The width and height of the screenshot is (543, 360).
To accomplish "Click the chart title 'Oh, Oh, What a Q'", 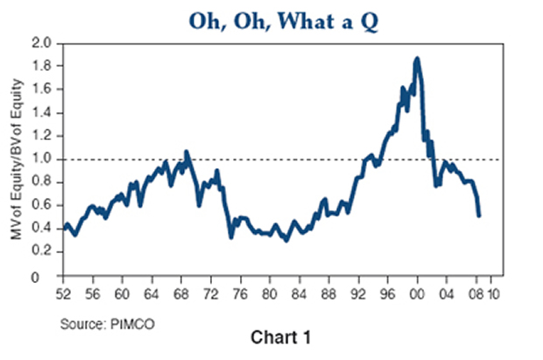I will click(x=271, y=19).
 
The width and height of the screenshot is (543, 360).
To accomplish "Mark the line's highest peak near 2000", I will click(x=417, y=59).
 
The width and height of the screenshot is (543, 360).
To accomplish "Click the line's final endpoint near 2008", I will click(x=479, y=215).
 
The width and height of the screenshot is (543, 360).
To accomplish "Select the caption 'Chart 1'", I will click(x=275, y=337).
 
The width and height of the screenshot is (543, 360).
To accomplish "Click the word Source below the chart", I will click(x=76, y=325).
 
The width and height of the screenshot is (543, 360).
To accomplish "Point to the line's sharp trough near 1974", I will click(x=230, y=236).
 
